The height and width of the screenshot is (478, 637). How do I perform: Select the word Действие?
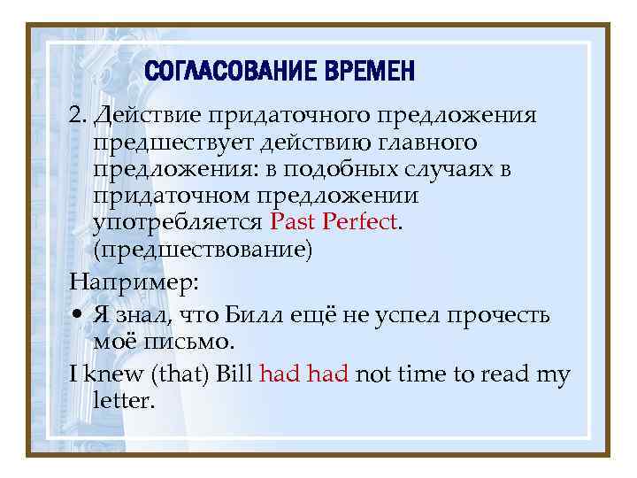pos(145,116)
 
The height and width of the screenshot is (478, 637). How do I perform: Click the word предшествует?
pos(168,143)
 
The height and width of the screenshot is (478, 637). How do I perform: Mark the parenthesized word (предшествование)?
pos(203,250)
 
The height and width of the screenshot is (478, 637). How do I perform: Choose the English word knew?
pos(108,374)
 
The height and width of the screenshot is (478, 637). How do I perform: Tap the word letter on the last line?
pos(121,401)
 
